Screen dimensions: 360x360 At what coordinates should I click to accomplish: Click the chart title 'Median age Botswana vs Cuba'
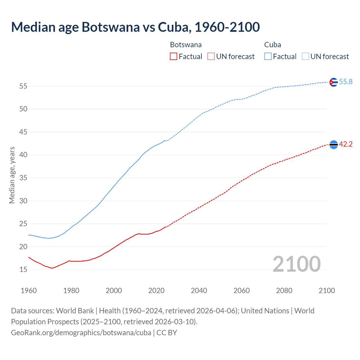click(135, 27)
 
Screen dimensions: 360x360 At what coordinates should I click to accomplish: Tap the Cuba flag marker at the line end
click(333, 82)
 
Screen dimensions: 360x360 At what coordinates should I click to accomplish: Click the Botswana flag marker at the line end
click(333, 145)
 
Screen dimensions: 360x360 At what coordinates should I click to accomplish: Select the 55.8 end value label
click(346, 82)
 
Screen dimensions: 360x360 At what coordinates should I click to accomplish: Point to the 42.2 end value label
click(346, 144)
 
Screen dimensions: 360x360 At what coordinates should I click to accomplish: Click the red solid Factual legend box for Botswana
click(174, 57)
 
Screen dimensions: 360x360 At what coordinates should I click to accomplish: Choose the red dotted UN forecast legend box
click(211, 57)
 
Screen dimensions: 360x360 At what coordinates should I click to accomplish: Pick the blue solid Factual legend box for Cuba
click(268, 57)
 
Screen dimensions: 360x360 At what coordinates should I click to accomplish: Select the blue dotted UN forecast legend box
click(305, 57)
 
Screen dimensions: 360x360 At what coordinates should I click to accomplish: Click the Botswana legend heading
click(186, 45)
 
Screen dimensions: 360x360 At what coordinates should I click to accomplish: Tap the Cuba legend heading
click(273, 45)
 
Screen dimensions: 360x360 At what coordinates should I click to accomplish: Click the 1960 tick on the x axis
click(29, 291)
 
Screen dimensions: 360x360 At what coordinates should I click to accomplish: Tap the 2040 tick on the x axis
click(199, 291)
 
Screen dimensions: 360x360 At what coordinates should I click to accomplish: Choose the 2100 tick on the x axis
click(327, 291)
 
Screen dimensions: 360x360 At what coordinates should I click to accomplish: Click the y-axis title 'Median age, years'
click(12, 175)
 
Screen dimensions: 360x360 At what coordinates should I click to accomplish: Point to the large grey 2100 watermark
click(296, 264)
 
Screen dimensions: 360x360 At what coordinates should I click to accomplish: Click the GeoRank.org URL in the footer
click(81, 333)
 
